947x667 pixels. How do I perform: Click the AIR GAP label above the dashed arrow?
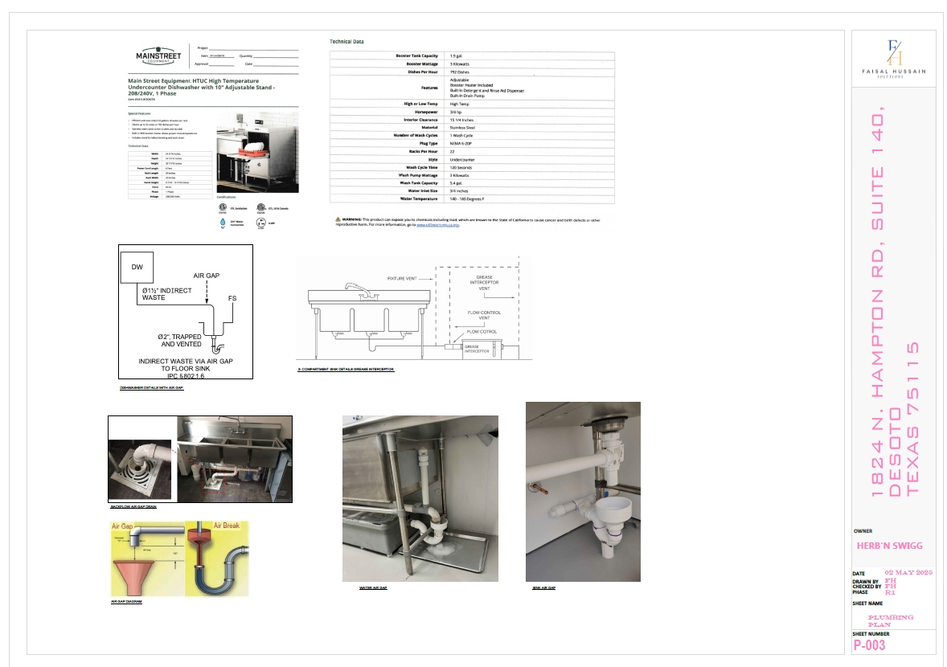coord(207,276)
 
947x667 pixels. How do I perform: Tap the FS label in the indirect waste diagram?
coord(232,298)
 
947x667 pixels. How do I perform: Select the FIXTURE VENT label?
coord(402,278)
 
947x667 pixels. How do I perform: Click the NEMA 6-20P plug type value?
coord(464,143)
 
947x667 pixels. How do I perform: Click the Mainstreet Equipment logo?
coord(158,56)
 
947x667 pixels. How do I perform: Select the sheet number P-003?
coord(871,644)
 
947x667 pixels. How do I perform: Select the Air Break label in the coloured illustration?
coord(224,525)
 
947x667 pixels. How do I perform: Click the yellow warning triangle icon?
coord(338,219)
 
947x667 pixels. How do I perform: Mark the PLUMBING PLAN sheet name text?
coord(891,620)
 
